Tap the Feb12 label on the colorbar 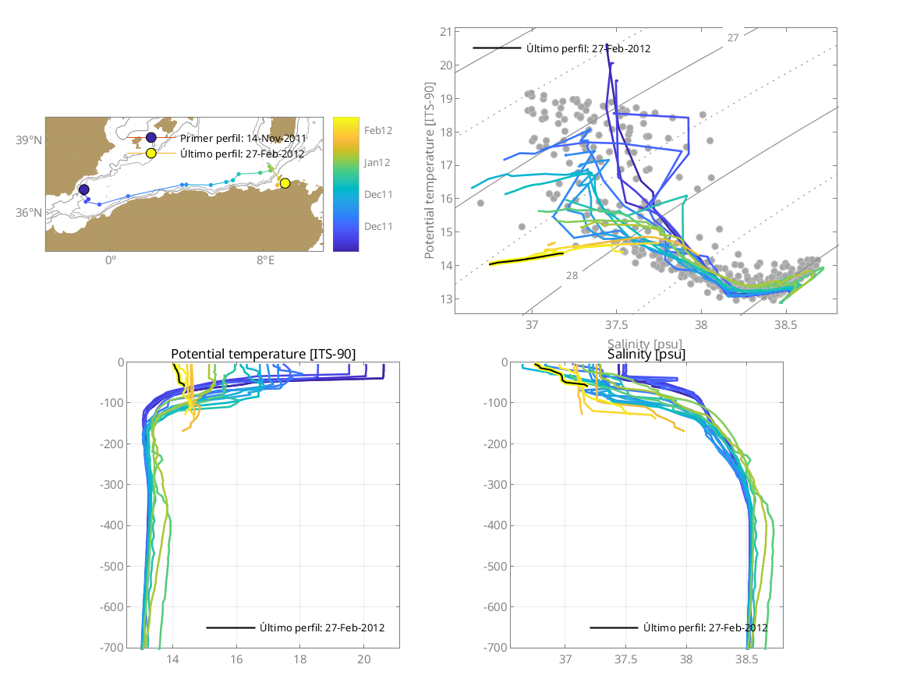click(379, 131)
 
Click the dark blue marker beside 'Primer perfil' click(151, 138)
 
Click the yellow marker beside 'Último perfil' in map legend click(151, 154)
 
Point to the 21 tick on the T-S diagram click(445, 32)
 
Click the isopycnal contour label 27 click(733, 37)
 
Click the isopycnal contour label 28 click(572, 276)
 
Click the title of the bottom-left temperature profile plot click(263, 355)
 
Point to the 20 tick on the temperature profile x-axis click(363, 659)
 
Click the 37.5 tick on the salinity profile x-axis click(626, 659)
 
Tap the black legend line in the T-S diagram click(497, 48)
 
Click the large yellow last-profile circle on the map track click(285, 183)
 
